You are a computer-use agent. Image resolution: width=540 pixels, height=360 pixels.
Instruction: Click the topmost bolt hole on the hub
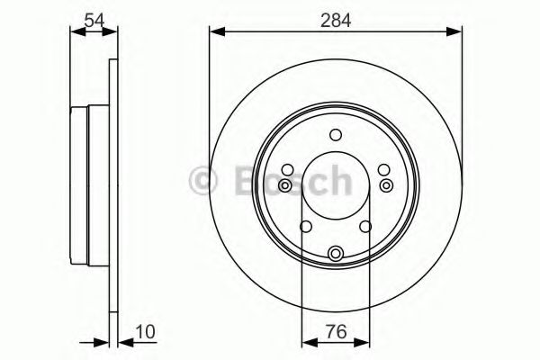tap(336, 135)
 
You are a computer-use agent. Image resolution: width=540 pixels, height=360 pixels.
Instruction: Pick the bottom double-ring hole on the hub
tap(336, 254)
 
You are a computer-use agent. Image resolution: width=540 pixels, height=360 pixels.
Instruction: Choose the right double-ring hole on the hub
tap(387, 185)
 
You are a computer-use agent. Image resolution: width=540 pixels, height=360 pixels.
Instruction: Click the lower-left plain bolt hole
tap(305, 226)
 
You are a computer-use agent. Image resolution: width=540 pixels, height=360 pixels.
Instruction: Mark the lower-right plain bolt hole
tap(366, 226)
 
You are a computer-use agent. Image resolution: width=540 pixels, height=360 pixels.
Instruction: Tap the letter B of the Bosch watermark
tap(247, 180)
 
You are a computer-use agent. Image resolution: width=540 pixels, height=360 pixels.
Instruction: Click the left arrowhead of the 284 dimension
tap(214, 32)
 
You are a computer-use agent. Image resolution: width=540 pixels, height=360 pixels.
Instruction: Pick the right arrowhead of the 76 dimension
tap(364, 342)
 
